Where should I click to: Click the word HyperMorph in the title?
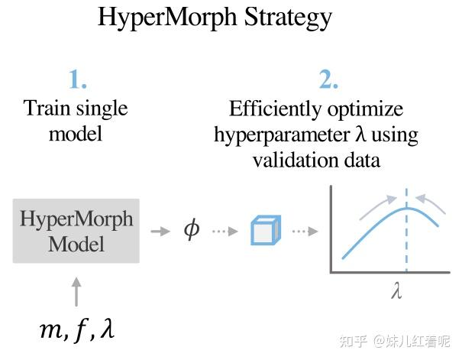click(x=169, y=18)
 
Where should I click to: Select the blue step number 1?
click(x=78, y=79)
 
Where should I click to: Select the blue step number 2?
click(x=328, y=79)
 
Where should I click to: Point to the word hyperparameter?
click(x=280, y=135)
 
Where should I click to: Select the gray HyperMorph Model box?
click(x=76, y=231)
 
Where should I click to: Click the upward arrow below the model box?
click(x=76, y=291)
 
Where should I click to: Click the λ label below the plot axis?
click(x=396, y=293)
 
